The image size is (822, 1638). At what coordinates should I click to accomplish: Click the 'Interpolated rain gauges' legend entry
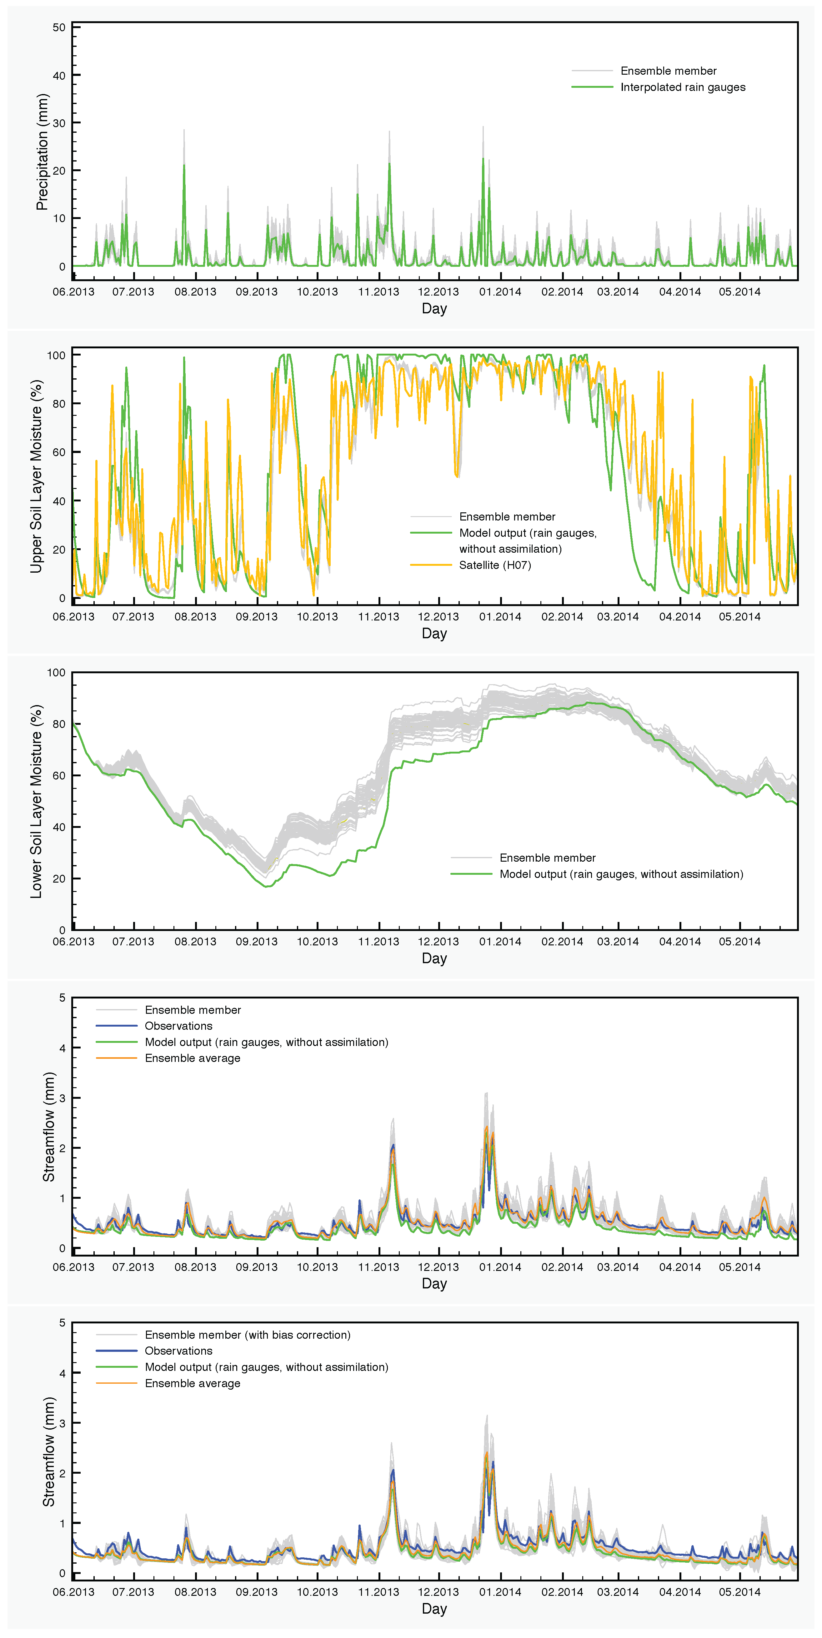pyautogui.click(x=683, y=87)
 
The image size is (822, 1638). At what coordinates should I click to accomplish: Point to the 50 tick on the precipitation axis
pyautogui.click(x=59, y=27)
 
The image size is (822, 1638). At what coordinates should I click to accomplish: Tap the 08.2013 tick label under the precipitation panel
pyautogui.click(x=195, y=292)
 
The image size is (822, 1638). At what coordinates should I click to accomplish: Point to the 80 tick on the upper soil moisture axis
pyautogui.click(x=59, y=404)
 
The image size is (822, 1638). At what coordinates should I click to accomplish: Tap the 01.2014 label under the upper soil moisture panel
pyautogui.click(x=500, y=617)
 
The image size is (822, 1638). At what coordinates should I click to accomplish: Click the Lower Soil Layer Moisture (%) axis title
pyautogui.click(x=36, y=801)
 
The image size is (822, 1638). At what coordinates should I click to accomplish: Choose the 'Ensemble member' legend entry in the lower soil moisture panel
pyautogui.click(x=547, y=858)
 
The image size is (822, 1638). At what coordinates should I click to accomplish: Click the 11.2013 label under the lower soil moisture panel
pyautogui.click(x=378, y=942)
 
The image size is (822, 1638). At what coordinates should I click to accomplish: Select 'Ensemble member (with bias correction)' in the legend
pyautogui.click(x=248, y=1335)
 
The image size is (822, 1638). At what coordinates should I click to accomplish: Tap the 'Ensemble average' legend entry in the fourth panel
pyautogui.click(x=192, y=1058)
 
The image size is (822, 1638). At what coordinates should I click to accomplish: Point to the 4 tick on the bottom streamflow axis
pyautogui.click(x=62, y=1373)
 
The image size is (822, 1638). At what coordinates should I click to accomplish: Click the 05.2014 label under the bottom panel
pyautogui.click(x=739, y=1591)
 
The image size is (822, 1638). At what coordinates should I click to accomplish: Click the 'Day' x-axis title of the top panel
pyautogui.click(x=434, y=308)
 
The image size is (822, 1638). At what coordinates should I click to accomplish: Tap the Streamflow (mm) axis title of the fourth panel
pyautogui.click(x=48, y=1127)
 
